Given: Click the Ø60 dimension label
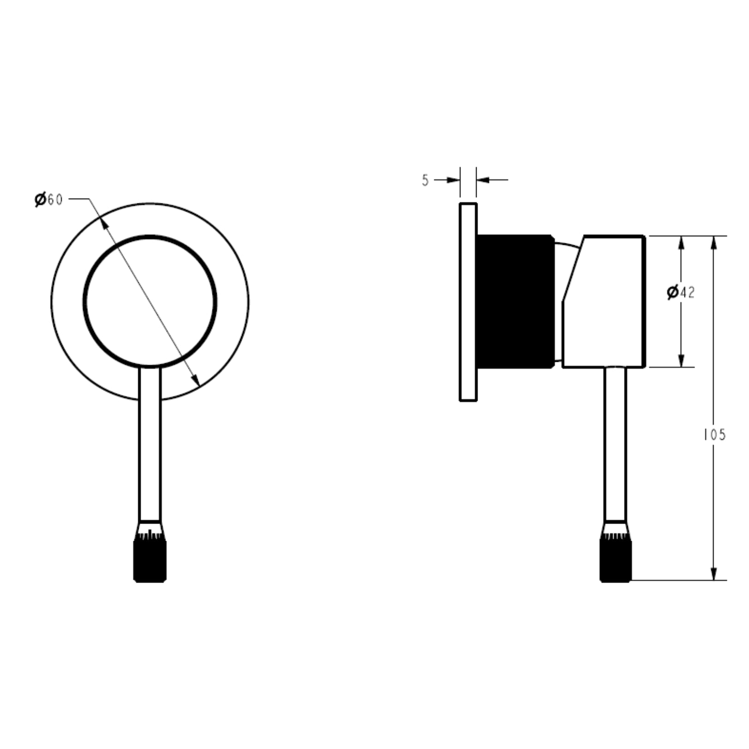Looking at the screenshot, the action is pos(48,200).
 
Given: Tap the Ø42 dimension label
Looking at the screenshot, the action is pos(680,292).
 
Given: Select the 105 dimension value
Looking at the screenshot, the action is pos(714,435).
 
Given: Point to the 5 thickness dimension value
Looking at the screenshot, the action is pos(425,181).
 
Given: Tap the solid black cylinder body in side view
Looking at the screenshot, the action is pos(515,301).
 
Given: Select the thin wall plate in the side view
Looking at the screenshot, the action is pos(468,302).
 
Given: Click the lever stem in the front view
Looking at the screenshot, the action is pos(150,444).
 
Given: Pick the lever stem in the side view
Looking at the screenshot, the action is pos(616,444).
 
